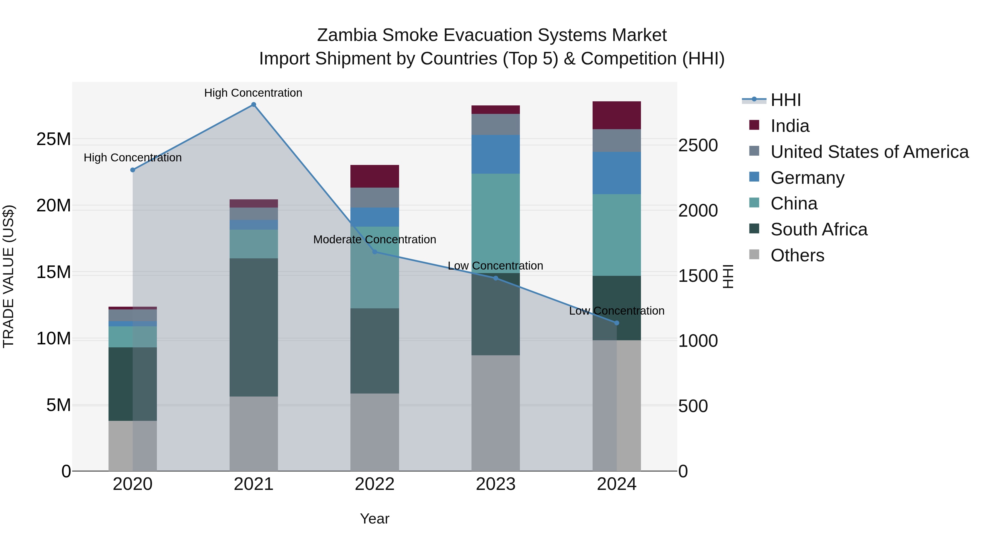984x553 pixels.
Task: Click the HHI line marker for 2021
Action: click(254, 105)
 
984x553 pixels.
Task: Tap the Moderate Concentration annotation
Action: click(374, 240)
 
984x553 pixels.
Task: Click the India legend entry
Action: click(790, 126)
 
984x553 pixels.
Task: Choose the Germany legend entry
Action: click(807, 178)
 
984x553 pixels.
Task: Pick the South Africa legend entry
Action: click(819, 230)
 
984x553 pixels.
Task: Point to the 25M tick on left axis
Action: click(54, 139)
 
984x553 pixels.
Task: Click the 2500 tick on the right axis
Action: click(698, 146)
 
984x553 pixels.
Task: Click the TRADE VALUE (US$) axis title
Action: click(8, 276)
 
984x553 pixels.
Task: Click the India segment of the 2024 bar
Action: click(617, 115)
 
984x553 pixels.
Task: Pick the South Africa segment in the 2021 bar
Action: click(254, 327)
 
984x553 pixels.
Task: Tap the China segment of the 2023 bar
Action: click(496, 223)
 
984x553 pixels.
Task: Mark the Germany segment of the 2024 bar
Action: click(617, 173)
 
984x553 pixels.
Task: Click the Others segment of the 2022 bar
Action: click(374, 432)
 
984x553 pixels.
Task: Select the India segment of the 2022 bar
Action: click(374, 176)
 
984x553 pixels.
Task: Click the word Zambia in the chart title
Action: click(347, 35)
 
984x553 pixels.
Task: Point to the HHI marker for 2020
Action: click(133, 170)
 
